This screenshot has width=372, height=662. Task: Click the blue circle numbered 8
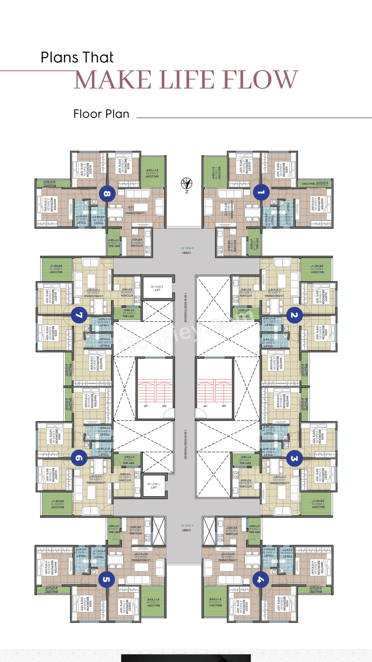tap(107, 194)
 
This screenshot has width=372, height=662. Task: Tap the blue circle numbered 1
tap(261, 192)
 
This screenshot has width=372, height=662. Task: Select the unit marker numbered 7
tap(79, 315)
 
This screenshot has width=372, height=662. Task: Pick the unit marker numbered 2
tap(294, 315)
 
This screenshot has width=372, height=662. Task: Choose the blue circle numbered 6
tap(79, 458)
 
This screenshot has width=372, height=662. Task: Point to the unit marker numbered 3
tap(294, 458)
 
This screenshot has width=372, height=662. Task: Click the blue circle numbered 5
tap(107, 579)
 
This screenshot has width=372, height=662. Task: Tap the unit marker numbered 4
tap(261, 579)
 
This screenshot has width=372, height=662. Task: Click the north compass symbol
tap(187, 184)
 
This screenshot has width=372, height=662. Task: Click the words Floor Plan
tap(101, 114)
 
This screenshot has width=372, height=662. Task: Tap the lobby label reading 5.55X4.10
tap(187, 250)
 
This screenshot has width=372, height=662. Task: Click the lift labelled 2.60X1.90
tap(157, 288)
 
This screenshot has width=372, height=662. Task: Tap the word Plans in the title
tap(60, 57)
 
